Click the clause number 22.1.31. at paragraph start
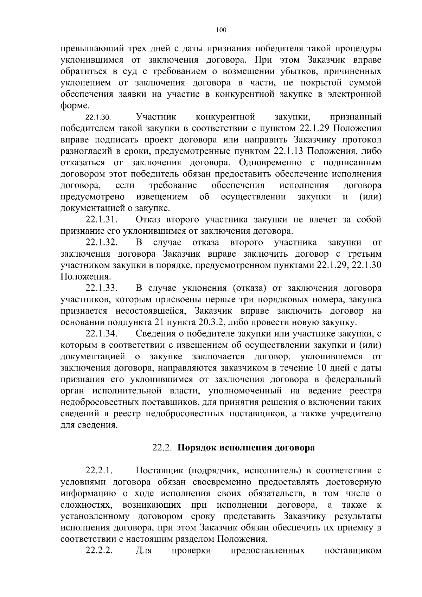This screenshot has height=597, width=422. click(101, 220)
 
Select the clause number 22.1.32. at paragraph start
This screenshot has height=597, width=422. click(101, 243)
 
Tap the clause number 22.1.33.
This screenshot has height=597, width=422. click(101, 288)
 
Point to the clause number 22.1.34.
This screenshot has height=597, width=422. click(101, 334)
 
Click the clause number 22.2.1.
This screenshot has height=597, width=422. click(99, 470)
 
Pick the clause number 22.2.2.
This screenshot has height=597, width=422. click(99, 550)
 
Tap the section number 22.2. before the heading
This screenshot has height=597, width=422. click(162, 448)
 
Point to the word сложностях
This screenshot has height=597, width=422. click(87, 505)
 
